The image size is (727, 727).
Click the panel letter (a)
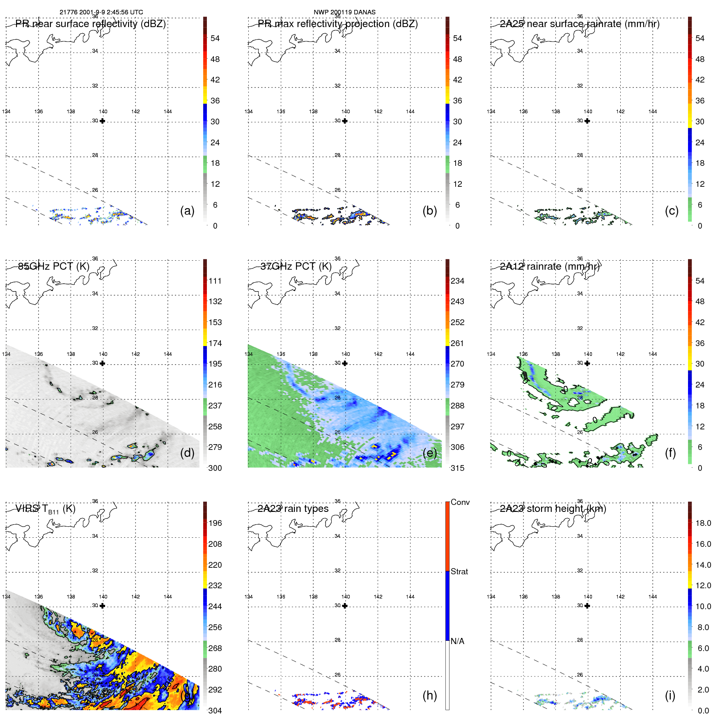(x=187, y=211)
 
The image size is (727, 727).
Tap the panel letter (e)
(x=429, y=453)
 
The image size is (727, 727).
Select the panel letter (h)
(x=429, y=695)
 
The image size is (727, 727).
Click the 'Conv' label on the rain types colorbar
(x=460, y=502)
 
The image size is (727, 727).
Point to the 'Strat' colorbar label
(x=459, y=571)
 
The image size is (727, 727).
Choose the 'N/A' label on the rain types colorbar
(x=458, y=641)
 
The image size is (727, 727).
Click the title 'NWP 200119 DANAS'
(x=344, y=12)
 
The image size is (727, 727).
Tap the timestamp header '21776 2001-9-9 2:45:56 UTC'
(x=101, y=12)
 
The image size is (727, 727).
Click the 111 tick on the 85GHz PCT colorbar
(x=215, y=281)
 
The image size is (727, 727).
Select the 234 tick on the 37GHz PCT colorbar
(x=457, y=281)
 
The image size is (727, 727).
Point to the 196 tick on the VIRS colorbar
(x=215, y=523)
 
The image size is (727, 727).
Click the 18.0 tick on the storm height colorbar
(x=703, y=523)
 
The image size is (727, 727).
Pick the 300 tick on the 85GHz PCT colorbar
(x=215, y=468)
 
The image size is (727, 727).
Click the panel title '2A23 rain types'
(x=293, y=509)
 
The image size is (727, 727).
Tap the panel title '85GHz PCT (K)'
(x=54, y=266)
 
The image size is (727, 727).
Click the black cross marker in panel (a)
(x=102, y=121)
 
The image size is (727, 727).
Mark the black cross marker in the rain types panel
(x=345, y=605)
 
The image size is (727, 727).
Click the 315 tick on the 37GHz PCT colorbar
(x=457, y=468)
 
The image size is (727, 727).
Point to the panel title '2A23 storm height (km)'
(x=553, y=509)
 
